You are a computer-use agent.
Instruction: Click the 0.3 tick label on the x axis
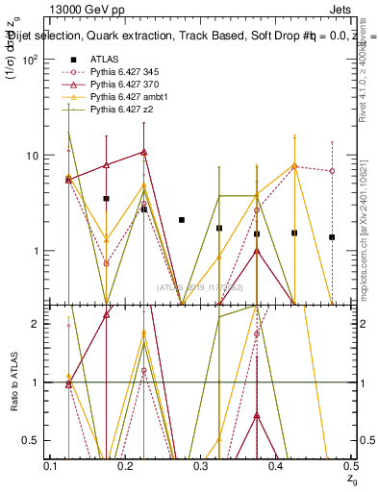pyautogui.click(x=201, y=465)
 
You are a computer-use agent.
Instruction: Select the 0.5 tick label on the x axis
pyautogui.click(x=352, y=465)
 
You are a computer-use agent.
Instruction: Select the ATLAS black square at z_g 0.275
pyautogui.click(x=181, y=220)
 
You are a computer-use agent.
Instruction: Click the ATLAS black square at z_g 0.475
pyautogui.click(x=332, y=237)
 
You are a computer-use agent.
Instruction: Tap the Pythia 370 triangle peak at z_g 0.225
pyautogui.click(x=143, y=152)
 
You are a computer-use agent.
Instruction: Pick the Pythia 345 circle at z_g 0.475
pyautogui.click(x=332, y=171)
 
